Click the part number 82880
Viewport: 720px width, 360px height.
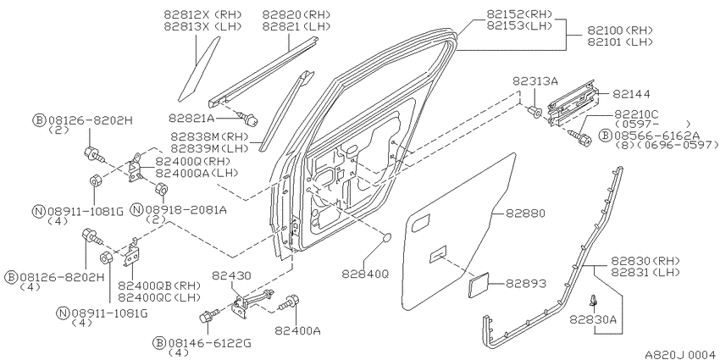coord(525,213)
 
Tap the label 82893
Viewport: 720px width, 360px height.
coord(526,284)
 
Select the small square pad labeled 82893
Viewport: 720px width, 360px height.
coord(479,285)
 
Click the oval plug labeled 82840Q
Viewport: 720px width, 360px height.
coord(387,237)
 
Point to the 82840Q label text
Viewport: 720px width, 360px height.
coord(365,274)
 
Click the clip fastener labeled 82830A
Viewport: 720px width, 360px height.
coord(595,300)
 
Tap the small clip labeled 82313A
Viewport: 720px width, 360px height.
coord(535,111)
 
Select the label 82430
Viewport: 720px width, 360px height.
coord(231,275)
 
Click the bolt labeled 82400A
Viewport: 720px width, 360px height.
coord(290,303)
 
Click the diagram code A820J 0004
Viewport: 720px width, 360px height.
coord(681,354)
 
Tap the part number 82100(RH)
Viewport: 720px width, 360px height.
coord(620,30)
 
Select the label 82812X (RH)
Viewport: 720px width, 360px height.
coord(203,14)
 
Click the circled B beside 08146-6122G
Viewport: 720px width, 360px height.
coord(159,342)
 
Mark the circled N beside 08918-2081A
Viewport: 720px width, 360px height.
coord(136,210)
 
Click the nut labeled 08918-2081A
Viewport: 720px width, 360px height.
coord(161,189)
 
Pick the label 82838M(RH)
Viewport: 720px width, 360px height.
coord(209,136)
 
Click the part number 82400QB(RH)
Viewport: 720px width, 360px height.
coord(159,285)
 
